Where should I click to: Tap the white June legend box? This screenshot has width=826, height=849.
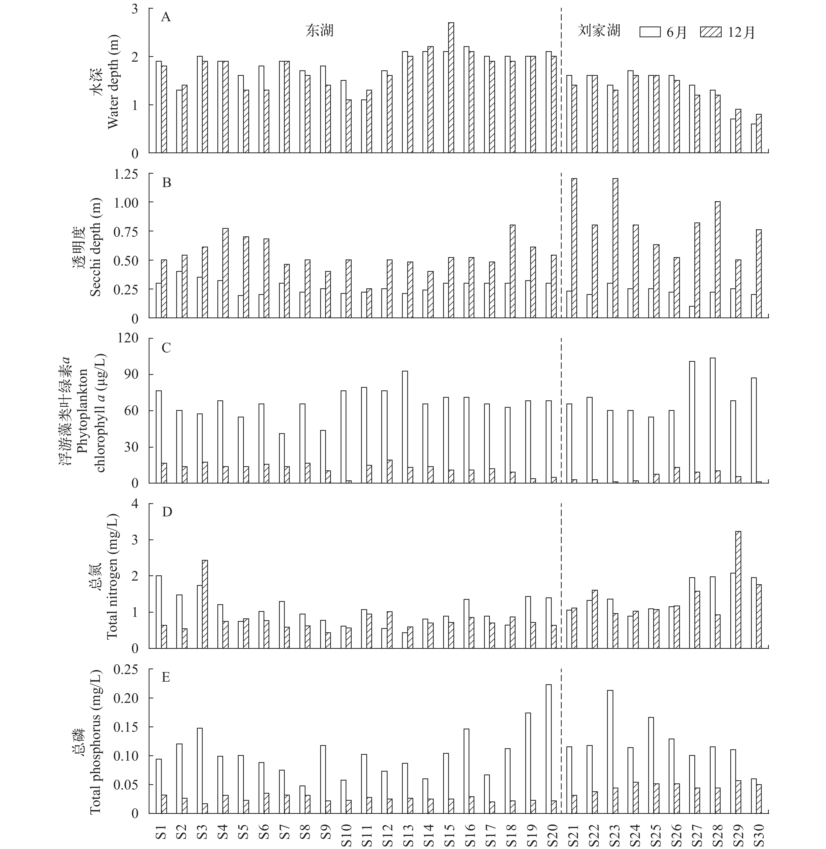point(650,32)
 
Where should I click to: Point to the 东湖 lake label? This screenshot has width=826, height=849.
point(319,31)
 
